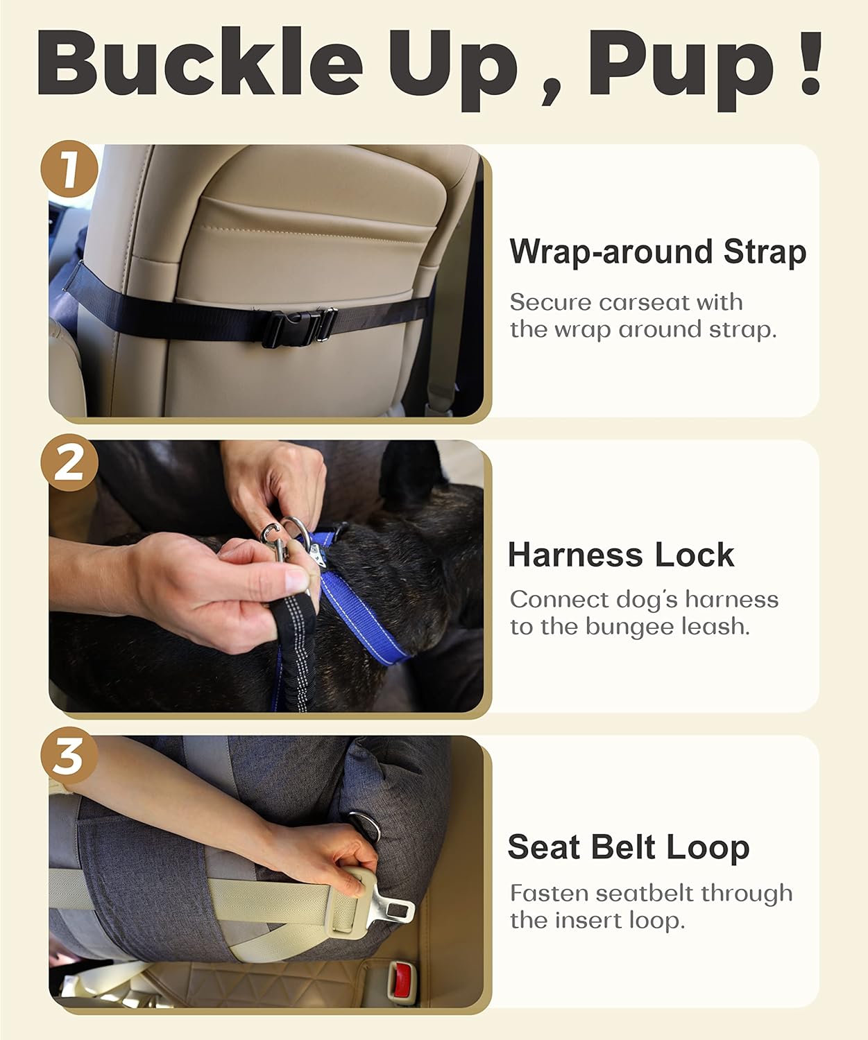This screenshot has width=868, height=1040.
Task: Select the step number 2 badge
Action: coord(69,463)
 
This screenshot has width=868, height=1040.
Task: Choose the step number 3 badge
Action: coord(69,756)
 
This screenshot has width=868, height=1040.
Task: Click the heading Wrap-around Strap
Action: coord(657,251)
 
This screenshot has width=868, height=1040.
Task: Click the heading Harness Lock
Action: coord(620,555)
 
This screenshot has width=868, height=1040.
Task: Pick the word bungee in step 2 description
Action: coord(629,627)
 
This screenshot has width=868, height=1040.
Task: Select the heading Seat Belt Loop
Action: coord(628,847)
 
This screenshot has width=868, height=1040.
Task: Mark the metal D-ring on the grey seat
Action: coord(361,825)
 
